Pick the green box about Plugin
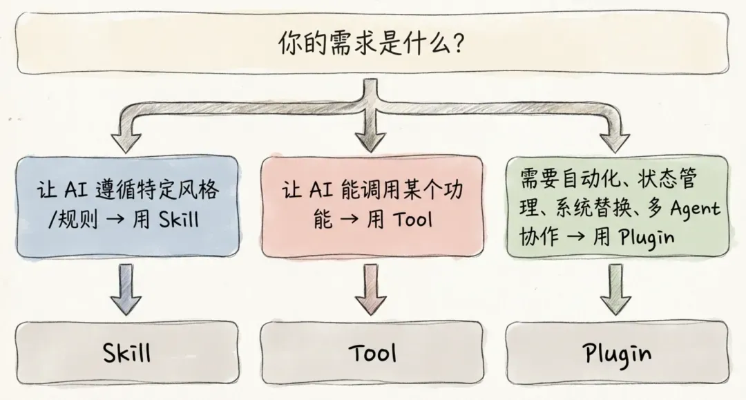pyautogui.click(x=617, y=207)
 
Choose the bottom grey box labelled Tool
pyautogui.click(x=372, y=354)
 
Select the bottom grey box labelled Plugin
pyautogui.click(x=617, y=354)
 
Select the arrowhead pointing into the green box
pyautogui.click(x=617, y=142)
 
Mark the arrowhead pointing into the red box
pyautogui.click(x=372, y=142)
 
